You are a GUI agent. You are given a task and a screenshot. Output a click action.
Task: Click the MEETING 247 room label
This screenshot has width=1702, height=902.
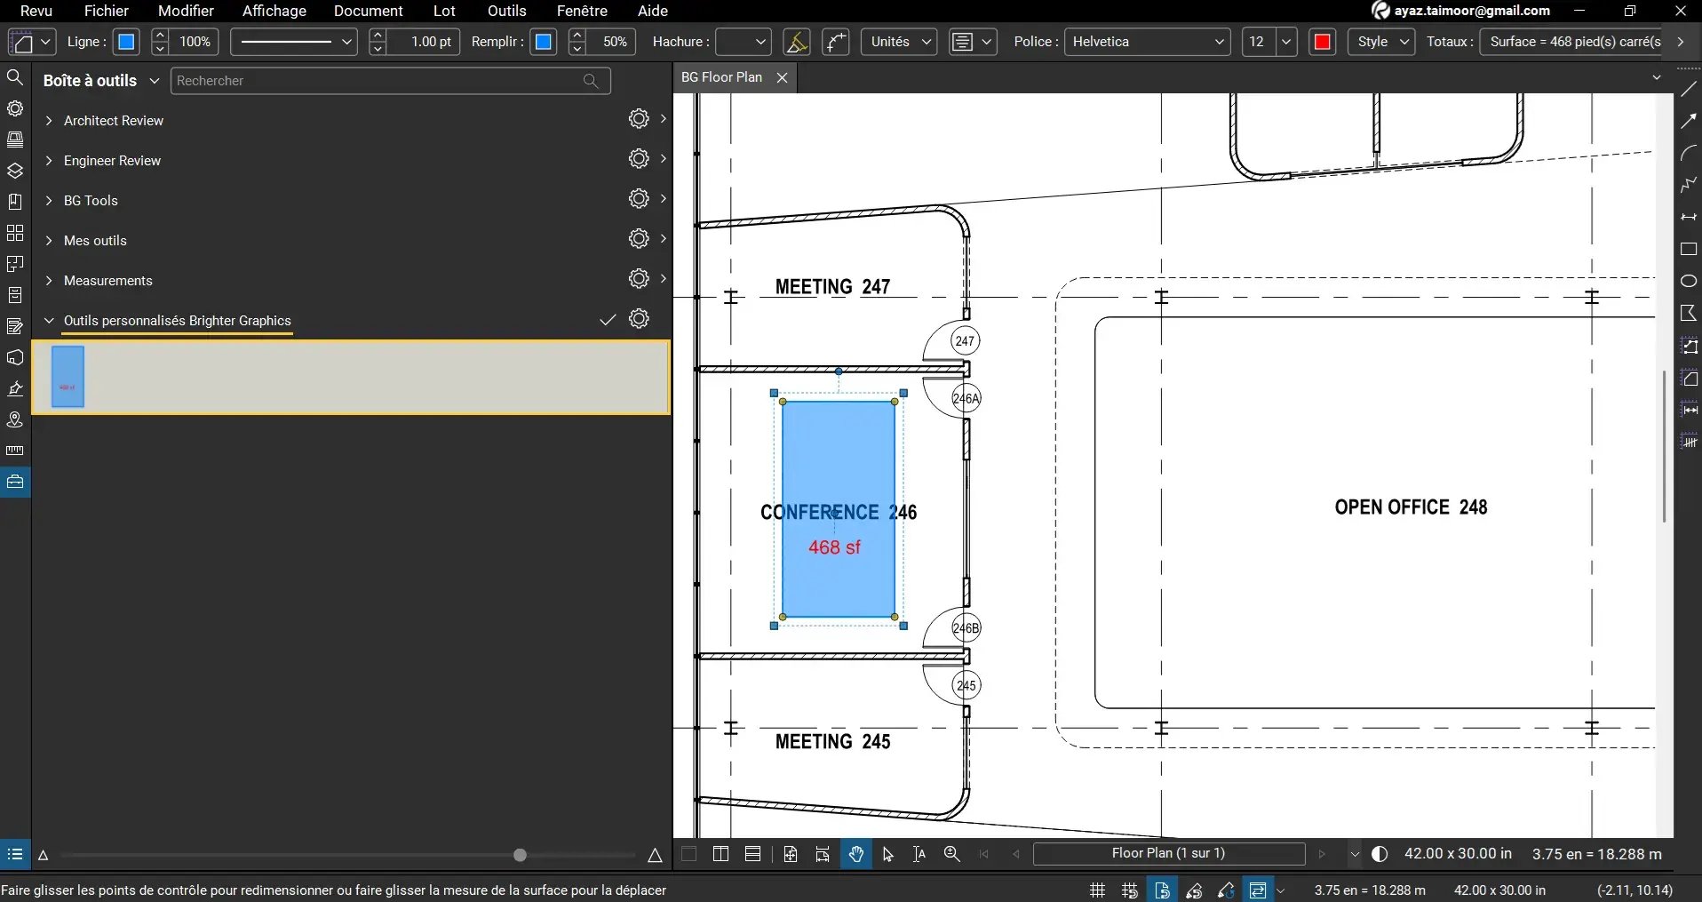831,287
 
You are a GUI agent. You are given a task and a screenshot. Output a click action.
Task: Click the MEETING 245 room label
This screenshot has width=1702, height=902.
831,741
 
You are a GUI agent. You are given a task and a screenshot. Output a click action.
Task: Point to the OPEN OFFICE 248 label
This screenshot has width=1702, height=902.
1410,507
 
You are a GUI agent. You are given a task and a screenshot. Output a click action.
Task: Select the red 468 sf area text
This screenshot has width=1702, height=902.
834,547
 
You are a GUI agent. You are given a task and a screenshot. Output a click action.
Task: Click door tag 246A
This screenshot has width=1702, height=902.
966,398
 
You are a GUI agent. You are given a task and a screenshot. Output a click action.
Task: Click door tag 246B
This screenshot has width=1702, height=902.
966,628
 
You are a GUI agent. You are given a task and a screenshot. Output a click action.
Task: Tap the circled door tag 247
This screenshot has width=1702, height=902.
965,341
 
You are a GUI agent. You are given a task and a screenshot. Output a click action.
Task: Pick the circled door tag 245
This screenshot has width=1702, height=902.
966,685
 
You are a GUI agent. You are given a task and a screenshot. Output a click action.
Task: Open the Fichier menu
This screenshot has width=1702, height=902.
106,11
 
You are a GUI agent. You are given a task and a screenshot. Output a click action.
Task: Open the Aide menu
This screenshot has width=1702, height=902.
652,11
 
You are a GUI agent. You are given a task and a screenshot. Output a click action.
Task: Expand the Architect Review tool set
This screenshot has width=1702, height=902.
114,121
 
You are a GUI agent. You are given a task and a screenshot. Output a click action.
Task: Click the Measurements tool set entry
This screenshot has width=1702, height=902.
108,281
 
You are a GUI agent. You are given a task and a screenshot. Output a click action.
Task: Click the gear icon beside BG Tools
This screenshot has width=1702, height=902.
638,199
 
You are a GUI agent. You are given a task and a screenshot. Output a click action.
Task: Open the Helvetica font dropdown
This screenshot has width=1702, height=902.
1147,42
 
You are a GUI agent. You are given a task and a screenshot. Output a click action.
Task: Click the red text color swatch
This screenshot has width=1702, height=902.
1321,42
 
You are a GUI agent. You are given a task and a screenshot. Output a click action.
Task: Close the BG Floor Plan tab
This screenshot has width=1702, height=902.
782,78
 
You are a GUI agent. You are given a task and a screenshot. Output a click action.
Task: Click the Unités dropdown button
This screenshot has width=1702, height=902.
898,42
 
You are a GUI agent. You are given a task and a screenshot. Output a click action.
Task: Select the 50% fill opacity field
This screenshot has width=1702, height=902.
614,42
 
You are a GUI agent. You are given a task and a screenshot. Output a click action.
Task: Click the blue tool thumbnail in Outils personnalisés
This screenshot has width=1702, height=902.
68,377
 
